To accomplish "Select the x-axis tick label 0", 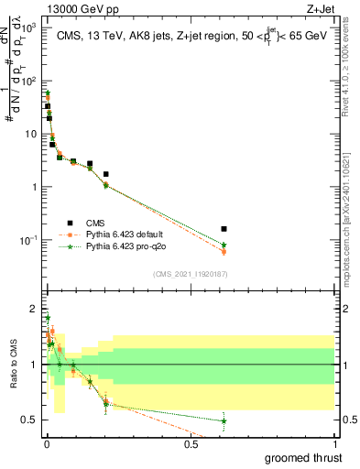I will tap(46, 443).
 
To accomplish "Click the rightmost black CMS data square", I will tap(224, 228).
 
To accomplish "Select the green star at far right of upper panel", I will tap(224, 245).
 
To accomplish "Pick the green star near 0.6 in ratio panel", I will tap(224, 420).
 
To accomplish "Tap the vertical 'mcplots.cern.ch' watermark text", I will tap(350, 220).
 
